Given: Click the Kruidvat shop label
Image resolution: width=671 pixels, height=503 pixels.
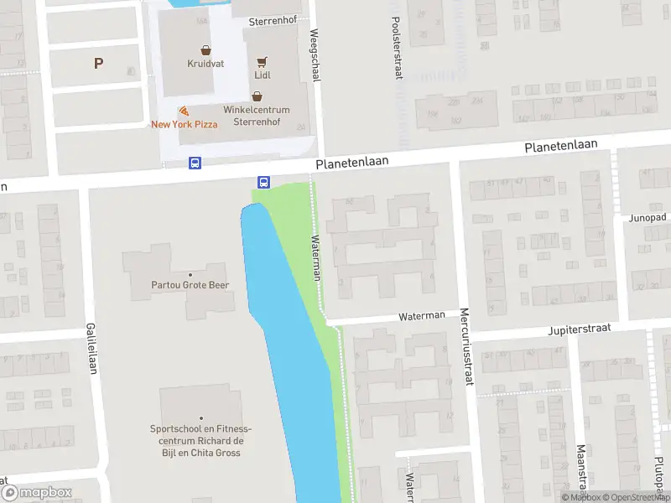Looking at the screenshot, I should coord(205,63).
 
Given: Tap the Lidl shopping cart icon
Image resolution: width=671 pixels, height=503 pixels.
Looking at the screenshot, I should coord(262,62).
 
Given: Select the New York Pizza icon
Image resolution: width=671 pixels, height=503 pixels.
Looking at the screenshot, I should coord(184,111).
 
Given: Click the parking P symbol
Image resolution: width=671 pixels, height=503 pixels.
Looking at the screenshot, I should coord(98,63).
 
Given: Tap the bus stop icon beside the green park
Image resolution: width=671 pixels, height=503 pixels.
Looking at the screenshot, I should coord(263,181).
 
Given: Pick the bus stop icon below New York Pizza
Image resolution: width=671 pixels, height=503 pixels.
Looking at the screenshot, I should coord(195,163).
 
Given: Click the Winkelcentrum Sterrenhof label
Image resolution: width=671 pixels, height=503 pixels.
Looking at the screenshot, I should coord(256,115).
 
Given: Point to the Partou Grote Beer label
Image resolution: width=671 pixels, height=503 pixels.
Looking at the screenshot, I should coord(190,285).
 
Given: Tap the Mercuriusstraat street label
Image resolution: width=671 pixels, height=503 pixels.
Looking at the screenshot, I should coord(466,347).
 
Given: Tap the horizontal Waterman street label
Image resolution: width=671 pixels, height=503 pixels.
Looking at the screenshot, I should coord(422,315).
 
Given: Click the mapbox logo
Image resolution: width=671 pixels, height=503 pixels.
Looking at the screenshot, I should coord(36,492).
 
